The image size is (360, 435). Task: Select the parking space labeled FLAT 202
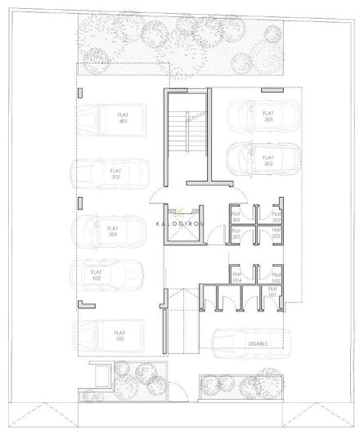point(115,174)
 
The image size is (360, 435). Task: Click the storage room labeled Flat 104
point(236,278)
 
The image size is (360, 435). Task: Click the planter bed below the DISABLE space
point(241,384)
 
